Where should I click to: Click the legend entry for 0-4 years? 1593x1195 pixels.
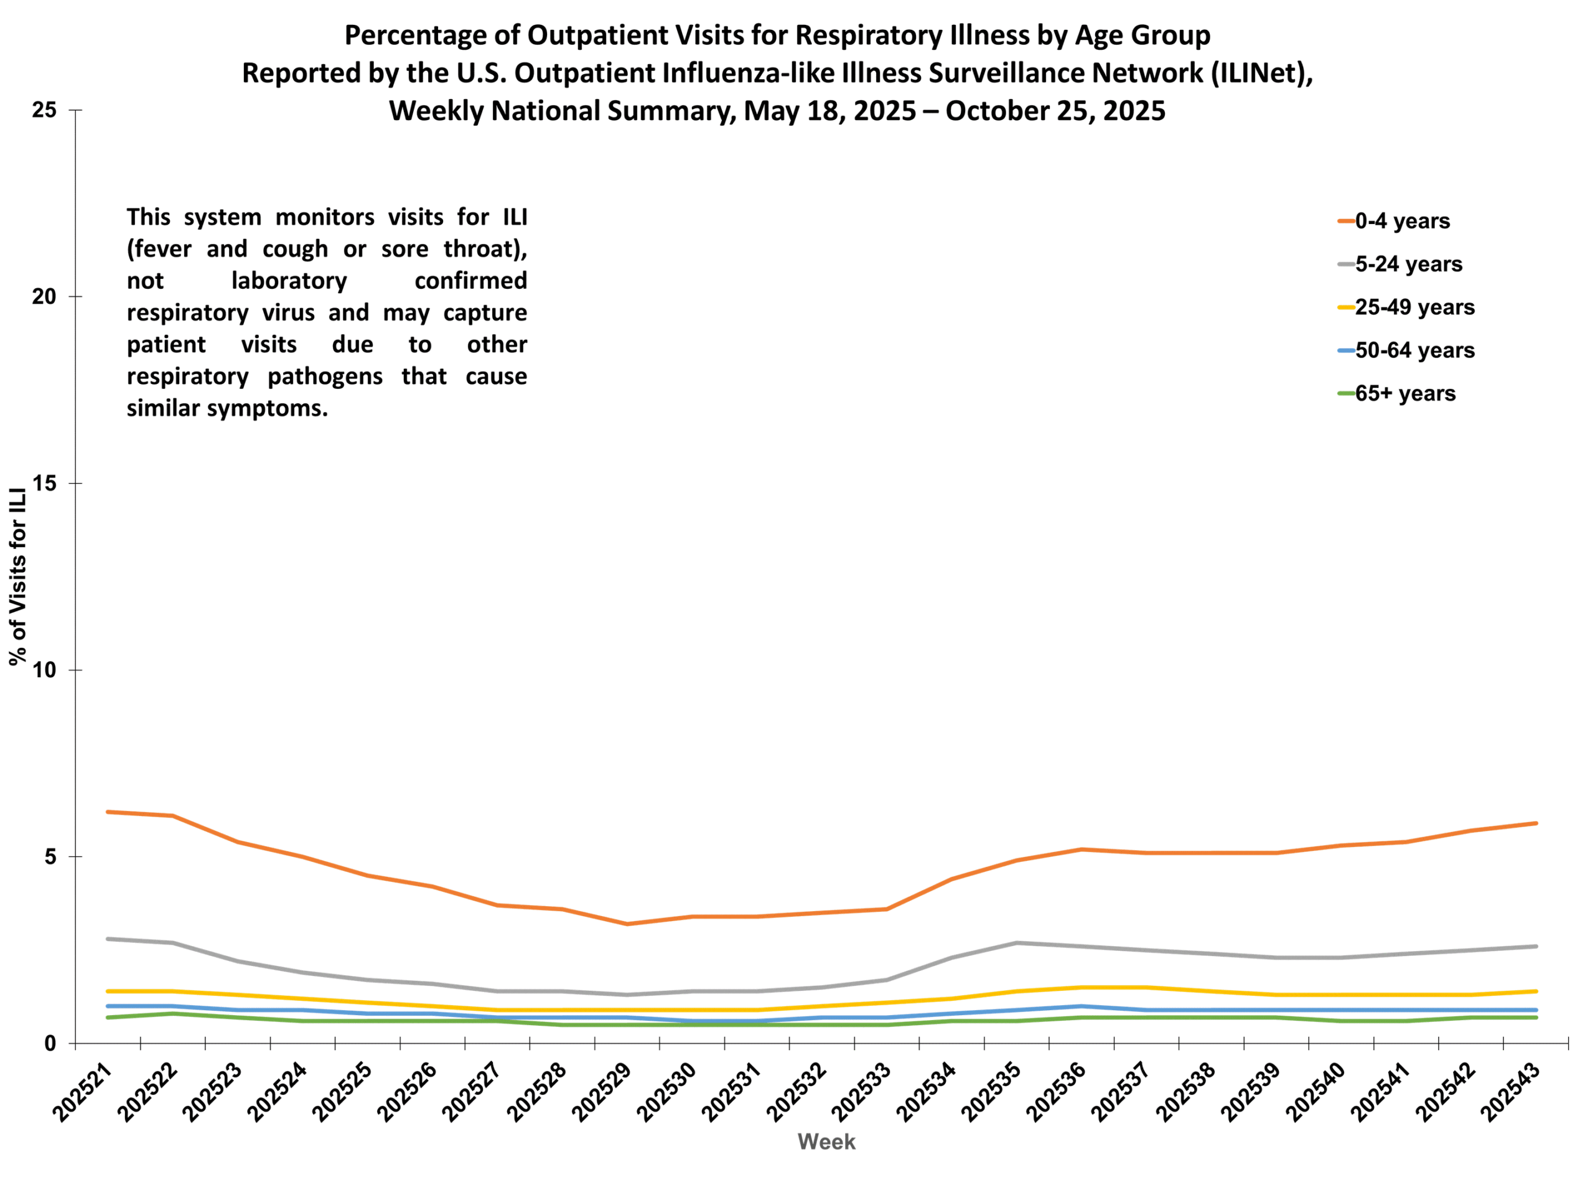[1401, 221]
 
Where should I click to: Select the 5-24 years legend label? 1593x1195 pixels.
[1408, 265]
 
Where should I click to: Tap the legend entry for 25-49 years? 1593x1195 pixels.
[1414, 307]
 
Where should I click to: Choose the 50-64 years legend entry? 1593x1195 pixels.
[1414, 351]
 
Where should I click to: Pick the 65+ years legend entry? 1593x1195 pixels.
[1404, 394]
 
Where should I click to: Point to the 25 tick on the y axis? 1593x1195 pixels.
[45, 110]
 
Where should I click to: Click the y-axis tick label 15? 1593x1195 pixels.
[45, 484]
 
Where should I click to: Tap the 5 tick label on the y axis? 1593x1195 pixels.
[50, 856]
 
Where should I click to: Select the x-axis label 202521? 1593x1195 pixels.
[82, 1093]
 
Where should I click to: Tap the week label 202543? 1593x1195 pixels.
[1510, 1093]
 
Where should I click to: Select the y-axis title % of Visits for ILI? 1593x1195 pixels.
[18, 576]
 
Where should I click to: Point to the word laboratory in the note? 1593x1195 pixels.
[289, 280]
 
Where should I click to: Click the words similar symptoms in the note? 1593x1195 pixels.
[227, 408]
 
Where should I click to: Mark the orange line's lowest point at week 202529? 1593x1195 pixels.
[627, 924]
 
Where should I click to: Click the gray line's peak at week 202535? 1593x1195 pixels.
[1016, 943]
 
